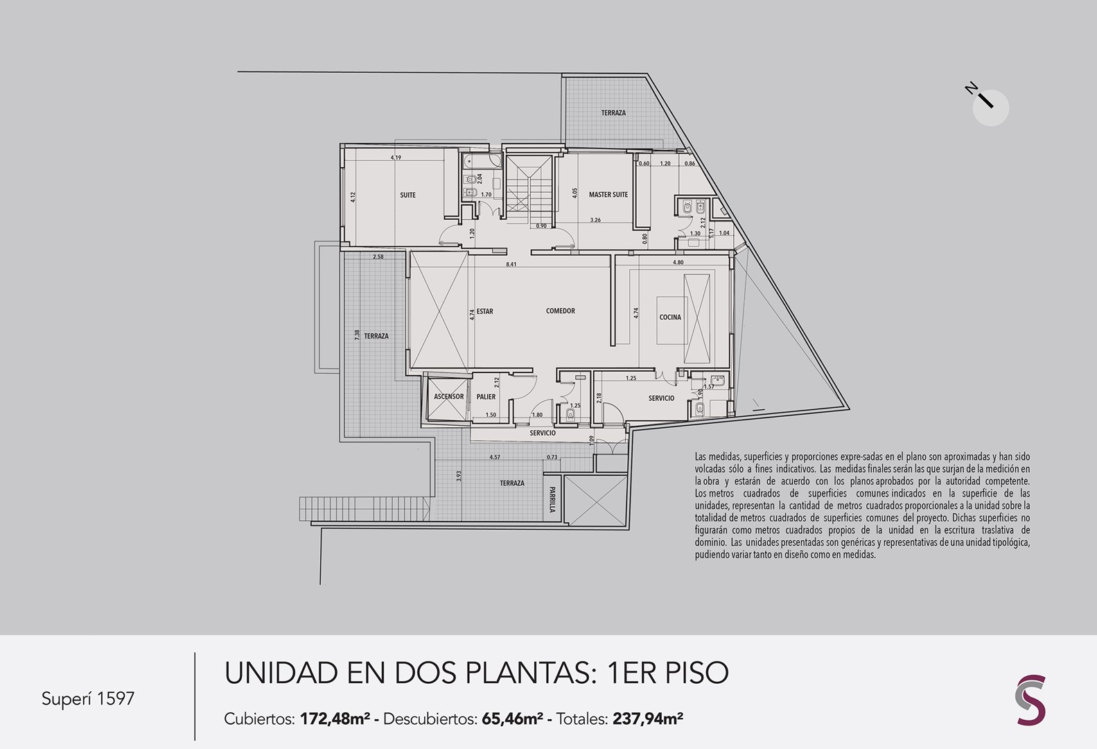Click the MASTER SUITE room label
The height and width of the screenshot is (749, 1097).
(x=608, y=195)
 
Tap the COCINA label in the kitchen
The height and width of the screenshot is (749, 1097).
(x=670, y=317)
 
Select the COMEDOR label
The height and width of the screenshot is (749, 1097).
(x=560, y=311)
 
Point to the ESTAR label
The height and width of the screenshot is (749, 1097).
(x=485, y=311)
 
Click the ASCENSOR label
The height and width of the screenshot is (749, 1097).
(x=448, y=397)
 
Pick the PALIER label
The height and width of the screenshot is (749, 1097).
(x=486, y=397)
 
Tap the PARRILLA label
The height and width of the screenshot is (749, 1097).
(x=552, y=499)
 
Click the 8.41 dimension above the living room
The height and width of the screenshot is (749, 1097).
(x=511, y=264)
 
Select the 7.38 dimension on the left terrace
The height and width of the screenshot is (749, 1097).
(x=357, y=335)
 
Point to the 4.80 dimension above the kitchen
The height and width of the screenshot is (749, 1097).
(x=678, y=262)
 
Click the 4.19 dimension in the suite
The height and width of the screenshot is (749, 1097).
(x=396, y=157)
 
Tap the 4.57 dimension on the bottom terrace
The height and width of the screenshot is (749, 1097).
(x=495, y=457)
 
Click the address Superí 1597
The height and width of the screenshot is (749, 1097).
(x=88, y=698)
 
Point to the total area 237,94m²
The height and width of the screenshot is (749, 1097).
(x=647, y=718)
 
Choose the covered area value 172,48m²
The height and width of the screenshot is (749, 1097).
(x=335, y=718)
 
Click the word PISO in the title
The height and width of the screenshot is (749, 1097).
(x=696, y=673)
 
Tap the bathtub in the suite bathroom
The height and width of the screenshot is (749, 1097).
(x=482, y=160)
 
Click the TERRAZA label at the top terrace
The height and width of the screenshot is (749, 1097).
(x=613, y=113)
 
